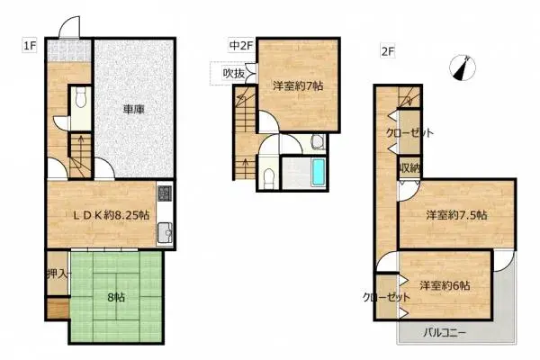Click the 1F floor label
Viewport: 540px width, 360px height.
coord(30,42)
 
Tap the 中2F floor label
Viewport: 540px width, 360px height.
coord(239,43)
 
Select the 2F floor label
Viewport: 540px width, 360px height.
coord(388,52)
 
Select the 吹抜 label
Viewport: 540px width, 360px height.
coord(234,74)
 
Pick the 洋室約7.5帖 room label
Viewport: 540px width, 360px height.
coord(457,215)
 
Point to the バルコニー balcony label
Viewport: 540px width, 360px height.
coord(446,333)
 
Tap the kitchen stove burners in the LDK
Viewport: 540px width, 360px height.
coord(164,194)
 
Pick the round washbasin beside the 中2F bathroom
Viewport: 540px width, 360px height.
coord(318,141)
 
